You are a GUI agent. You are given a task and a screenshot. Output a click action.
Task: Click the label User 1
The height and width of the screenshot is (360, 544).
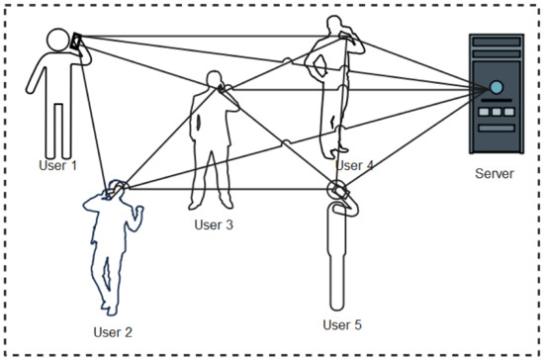coord(57,165)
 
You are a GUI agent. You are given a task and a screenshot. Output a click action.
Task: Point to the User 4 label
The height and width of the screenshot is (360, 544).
coord(354,165)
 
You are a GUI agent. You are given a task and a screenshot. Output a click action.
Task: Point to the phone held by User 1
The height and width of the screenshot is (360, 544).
coord(76,41)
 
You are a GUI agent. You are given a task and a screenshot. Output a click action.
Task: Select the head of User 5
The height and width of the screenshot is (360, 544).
coord(338,189)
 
